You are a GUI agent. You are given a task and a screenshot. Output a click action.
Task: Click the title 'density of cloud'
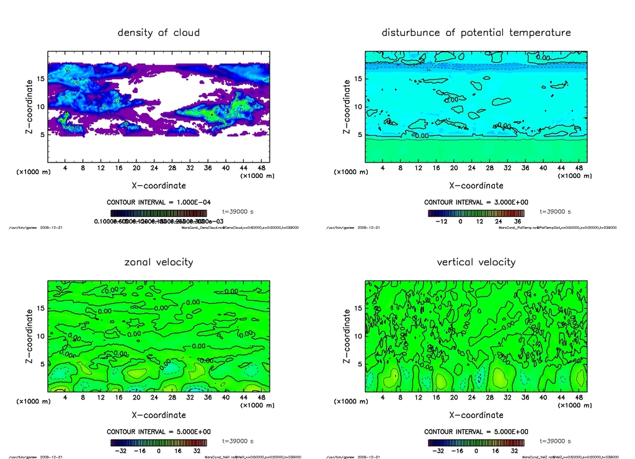[159, 32]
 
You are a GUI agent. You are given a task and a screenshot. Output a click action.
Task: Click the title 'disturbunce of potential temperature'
[476, 32]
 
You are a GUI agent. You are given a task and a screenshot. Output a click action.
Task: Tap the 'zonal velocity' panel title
[159, 262]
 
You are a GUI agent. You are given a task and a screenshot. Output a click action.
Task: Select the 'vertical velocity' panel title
[476, 262]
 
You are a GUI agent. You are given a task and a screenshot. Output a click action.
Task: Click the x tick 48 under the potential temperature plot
[577, 168]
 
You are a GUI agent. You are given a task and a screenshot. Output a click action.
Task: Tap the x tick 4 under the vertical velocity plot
[383, 398]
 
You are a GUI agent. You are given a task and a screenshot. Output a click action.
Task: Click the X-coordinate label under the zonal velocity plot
[159, 414]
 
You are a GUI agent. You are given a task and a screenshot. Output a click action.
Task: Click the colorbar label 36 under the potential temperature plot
[516, 221]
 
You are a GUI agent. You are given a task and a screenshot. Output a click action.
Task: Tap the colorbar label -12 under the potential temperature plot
[442, 221]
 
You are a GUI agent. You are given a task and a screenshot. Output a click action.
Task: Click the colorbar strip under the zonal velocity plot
[159, 442]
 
